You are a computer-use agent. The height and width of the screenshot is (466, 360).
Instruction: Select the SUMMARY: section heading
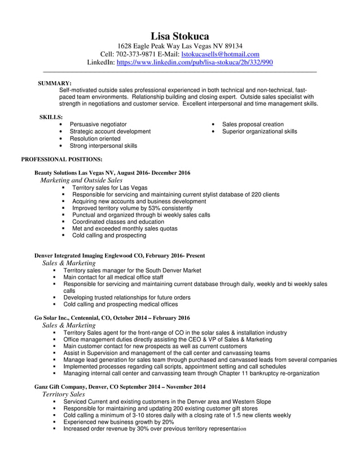(x=54, y=83)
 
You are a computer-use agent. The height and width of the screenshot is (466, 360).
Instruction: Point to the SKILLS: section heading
(x=51, y=117)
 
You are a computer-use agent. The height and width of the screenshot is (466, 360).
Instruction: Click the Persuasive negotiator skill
(x=98, y=124)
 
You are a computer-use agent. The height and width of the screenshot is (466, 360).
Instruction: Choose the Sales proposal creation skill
(x=252, y=124)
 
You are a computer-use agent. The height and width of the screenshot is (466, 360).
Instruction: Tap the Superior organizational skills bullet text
(x=259, y=131)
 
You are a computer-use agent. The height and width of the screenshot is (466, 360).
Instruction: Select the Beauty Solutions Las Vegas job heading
(x=112, y=173)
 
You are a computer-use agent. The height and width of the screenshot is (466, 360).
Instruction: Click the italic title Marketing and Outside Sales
(x=81, y=180)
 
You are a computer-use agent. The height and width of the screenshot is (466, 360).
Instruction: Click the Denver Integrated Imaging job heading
(x=120, y=256)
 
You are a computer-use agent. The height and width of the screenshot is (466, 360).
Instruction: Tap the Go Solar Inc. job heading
(x=112, y=318)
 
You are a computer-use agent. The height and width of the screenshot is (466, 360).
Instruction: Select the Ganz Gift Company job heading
(x=120, y=386)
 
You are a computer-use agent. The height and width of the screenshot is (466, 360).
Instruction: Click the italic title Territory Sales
(x=64, y=394)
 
